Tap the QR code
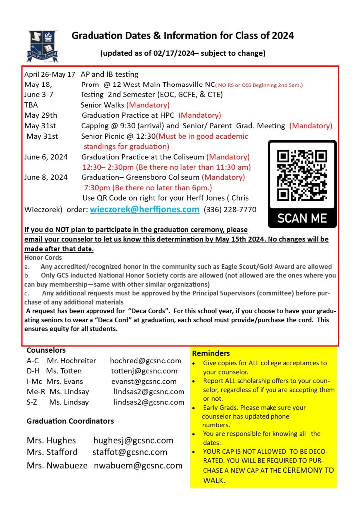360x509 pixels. (302, 175)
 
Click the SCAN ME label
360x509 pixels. (302, 217)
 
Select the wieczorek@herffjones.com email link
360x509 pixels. (145, 209)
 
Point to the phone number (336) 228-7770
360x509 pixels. (230, 210)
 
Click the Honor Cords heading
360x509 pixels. (43, 258)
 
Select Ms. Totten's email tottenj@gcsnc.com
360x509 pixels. (144, 371)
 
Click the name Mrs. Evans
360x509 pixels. (62, 381)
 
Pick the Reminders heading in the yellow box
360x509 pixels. (211, 353)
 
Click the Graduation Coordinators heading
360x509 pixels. (70, 421)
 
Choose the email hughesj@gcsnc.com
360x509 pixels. (133, 440)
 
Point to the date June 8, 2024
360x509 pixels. (46, 177)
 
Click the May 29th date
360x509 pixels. (41, 115)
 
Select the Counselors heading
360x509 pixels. (46, 350)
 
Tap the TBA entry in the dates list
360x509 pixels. (31, 105)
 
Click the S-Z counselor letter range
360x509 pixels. (33, 402)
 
